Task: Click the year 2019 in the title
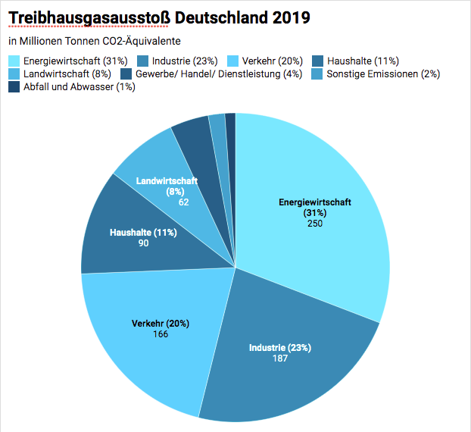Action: coord(287,17)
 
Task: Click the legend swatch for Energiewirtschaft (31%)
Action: coord(14,61)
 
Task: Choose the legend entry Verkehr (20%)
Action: coord(270,61)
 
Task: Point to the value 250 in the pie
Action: coord(315,224)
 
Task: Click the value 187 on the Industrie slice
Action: coord(280,358)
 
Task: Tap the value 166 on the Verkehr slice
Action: coord(161,333)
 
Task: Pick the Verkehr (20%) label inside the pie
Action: coord(161,324)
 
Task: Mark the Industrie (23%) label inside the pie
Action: coord(280,348)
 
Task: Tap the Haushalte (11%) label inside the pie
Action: coord(143,233)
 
